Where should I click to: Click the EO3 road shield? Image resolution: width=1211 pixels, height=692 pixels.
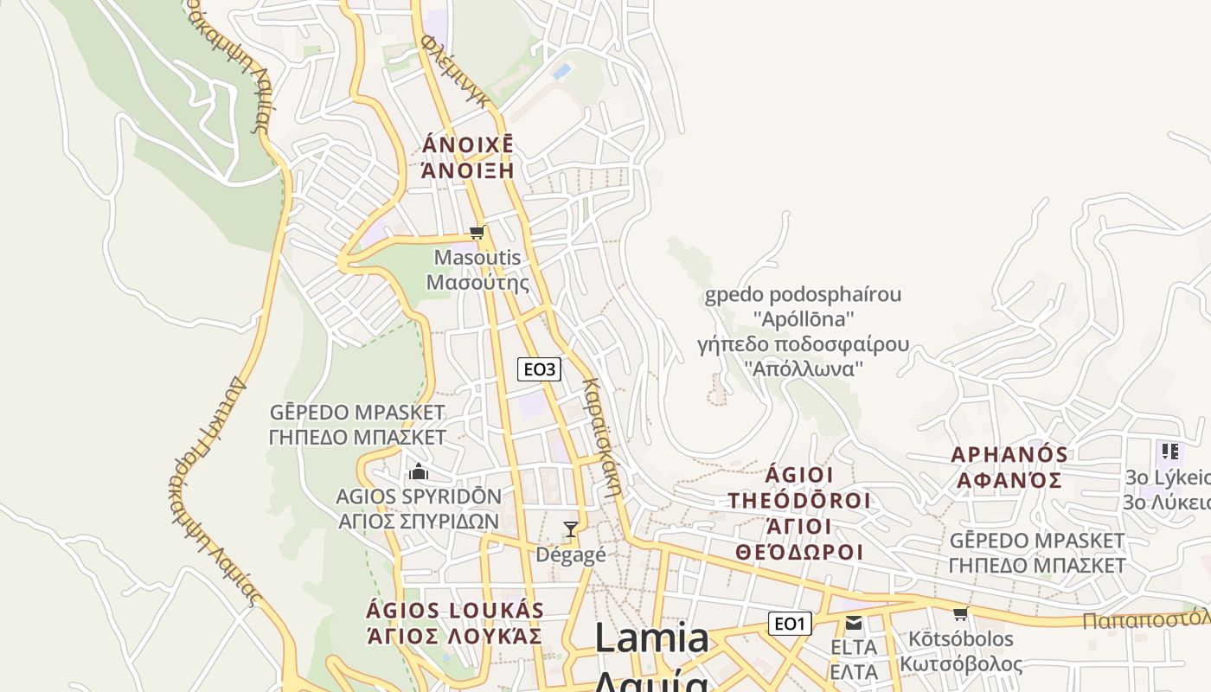(539, 369)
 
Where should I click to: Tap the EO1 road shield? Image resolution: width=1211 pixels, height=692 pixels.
(790, 623)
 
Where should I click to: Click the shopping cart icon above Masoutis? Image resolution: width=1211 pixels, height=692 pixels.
(477, 232)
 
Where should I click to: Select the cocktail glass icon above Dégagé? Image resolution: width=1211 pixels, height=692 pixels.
(570, 529)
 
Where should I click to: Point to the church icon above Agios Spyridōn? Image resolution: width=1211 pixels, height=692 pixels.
(419, 471)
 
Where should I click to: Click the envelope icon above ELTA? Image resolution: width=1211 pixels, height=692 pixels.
(854, 623)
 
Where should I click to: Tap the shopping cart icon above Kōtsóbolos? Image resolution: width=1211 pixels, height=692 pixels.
(960, 614)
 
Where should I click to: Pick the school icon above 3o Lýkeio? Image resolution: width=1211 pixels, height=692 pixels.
(1169, 451)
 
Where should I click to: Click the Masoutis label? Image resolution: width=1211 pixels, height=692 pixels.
(477, 257)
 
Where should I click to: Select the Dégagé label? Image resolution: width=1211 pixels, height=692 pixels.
(571, 554)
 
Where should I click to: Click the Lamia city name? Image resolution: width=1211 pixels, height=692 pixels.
(651, 638)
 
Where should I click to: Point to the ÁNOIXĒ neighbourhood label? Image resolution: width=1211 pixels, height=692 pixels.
(467, 144)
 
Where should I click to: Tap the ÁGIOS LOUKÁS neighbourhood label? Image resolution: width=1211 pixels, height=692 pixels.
(455, 611)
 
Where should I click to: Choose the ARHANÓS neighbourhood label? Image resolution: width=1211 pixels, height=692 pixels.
(1009, 454)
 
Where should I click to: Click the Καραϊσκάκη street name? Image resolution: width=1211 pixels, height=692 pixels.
(603, 436)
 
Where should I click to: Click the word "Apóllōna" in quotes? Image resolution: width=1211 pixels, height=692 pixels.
(804, 317)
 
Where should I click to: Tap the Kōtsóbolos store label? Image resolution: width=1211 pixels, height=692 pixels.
(960, 639)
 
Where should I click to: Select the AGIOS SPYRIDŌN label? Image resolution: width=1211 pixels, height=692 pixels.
(419, 497)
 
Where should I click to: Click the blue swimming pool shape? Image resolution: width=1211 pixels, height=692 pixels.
(562, 70)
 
